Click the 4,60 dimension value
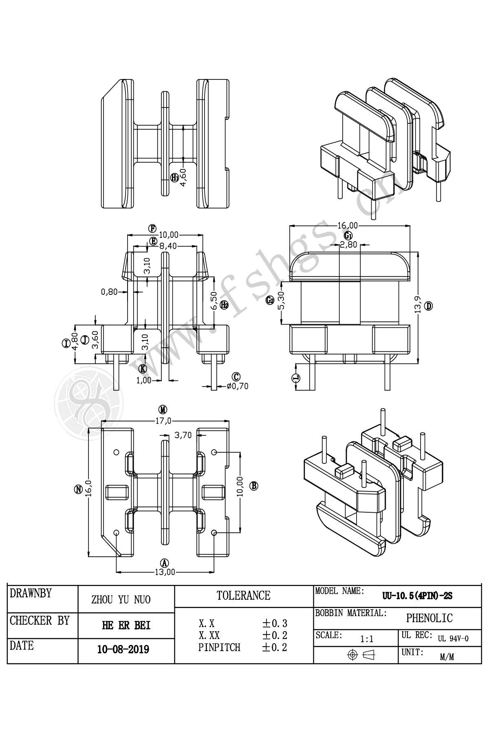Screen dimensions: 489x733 click(183, 177)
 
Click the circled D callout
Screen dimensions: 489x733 click(428, 305)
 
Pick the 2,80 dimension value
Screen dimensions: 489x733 click(348, 245)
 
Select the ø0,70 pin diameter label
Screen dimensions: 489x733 click(238, 386)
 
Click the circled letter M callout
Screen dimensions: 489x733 click(163, 409)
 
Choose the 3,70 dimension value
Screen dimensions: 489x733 click(183, 435)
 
